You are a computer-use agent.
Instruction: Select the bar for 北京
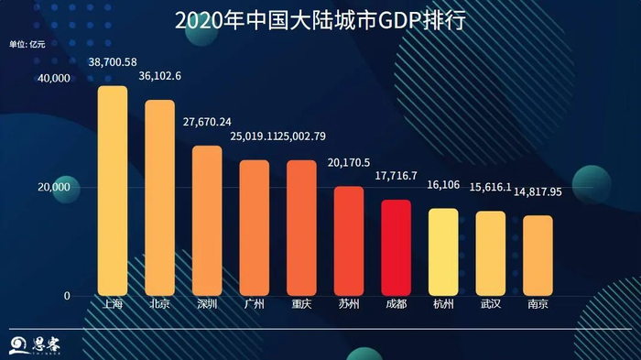pyautogui.click(x=159, y=198)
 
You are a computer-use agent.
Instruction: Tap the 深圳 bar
pyautogui.click(x=207, y=221)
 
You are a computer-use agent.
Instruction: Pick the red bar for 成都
pyautogui.click(x=396, y=247)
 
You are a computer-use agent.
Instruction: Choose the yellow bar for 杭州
pyautogui.click(x=443, y=252)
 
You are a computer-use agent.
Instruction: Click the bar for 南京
pyautogui.click(x=538, y=256)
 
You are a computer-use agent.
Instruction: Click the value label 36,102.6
pyautogui.click(x=159, y=76)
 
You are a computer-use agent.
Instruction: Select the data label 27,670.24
pyautogui.click(x=207, y=122)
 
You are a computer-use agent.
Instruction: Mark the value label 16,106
pyautogui.click(x=443, y=184)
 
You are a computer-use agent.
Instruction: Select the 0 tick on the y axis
pyautogui.click(x=67, y=296)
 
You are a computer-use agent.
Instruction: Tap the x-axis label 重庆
pyautogui.click(x=301, y=303)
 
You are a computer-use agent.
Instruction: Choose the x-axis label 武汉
pyautogui.click(x=490, y=303)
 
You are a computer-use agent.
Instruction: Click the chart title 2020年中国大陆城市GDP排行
pyautogui.click(x=320, y=19)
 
